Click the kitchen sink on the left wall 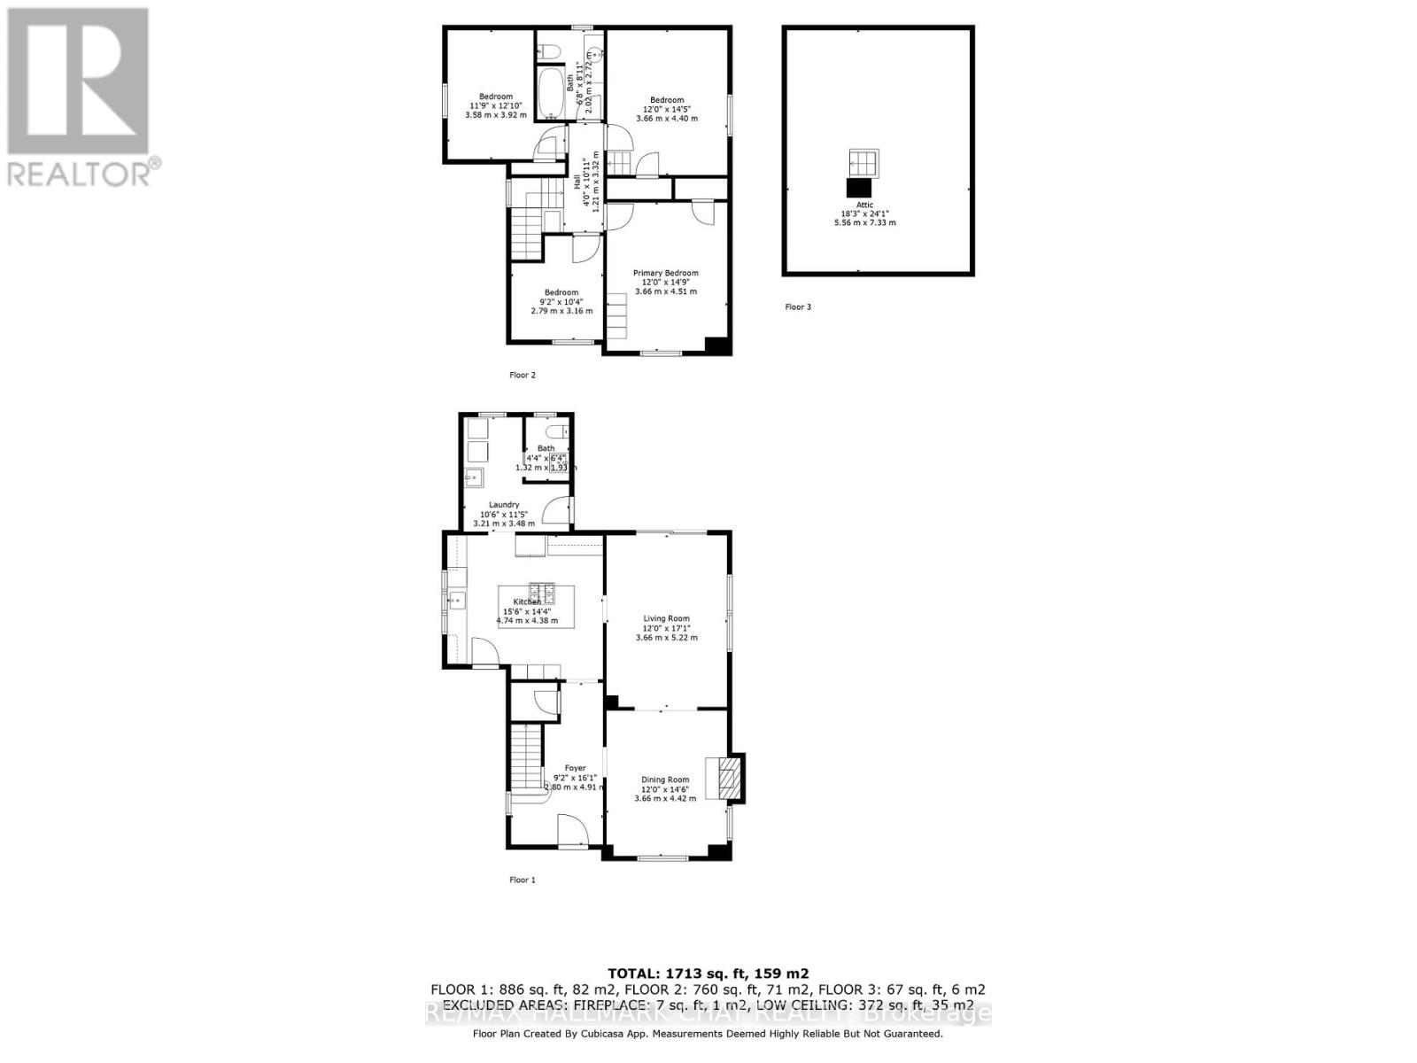coord(457,600)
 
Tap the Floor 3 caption coord(798,307)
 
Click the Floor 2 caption coord(523,375)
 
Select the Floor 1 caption coord(523,880)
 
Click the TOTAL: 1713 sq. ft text coord(708,973)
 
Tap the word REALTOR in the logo coord(78,174)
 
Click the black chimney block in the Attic coord(859,188)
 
